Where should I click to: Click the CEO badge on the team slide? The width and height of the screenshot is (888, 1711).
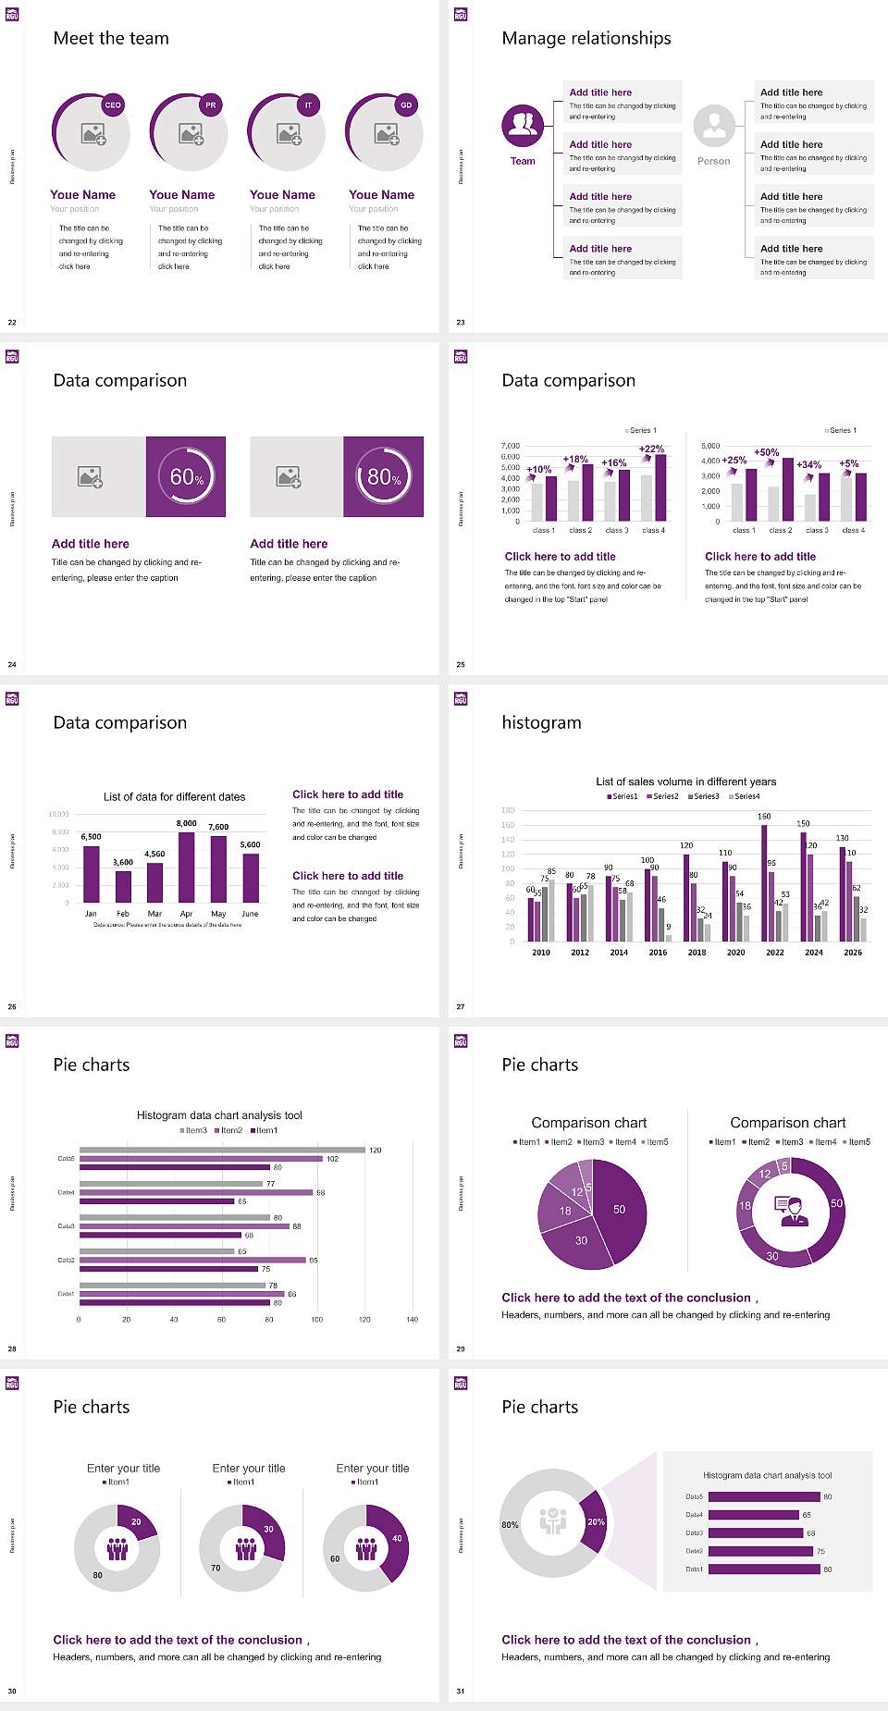[x=113, y=105]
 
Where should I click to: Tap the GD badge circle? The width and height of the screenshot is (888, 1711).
[x=406, y=105]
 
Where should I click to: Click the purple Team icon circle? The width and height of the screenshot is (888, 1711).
[x=523, y=126]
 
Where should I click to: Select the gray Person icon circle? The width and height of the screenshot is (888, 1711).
[x=714, y=126]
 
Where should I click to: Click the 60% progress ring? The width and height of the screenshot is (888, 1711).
[x=186, y=476]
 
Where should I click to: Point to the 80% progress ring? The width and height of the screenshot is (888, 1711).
[x=384, y=476]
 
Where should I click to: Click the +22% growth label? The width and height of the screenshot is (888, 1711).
[x=651, y=449]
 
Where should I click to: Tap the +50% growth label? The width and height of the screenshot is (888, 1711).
[x=766, y=452]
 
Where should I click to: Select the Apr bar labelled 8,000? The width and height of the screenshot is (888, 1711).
[x=187, y=867]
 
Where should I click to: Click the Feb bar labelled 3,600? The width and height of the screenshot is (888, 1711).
[x=123, y=886]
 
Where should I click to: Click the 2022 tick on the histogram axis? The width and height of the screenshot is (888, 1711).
[x=775, y=952]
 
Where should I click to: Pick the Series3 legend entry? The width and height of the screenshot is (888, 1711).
[x=704, y=796]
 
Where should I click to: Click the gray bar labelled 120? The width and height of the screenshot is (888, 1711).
[x=222, y=1151]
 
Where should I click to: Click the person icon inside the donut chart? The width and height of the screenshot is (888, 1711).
[x=792, y=1210]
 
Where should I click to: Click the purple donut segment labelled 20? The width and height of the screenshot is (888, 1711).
[x=136, y=1522]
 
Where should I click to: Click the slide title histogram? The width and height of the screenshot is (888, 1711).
[x=541, y=722]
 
